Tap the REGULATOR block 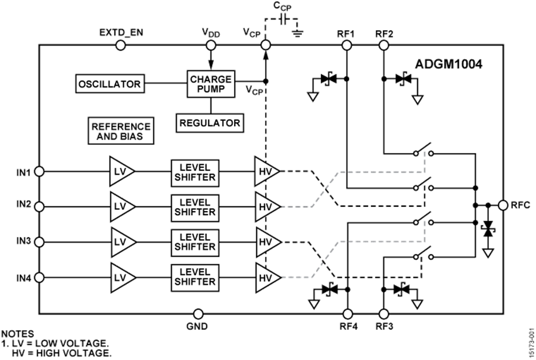[210, 123]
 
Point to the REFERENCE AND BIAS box [120, 132]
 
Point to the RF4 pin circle [348, 313]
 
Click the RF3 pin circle [384, 313]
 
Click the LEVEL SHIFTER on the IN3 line [193, 242]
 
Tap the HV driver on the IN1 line [266, 172]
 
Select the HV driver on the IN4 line [266, 278]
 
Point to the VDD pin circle [210, 45]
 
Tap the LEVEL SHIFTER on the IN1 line [193, 172]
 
